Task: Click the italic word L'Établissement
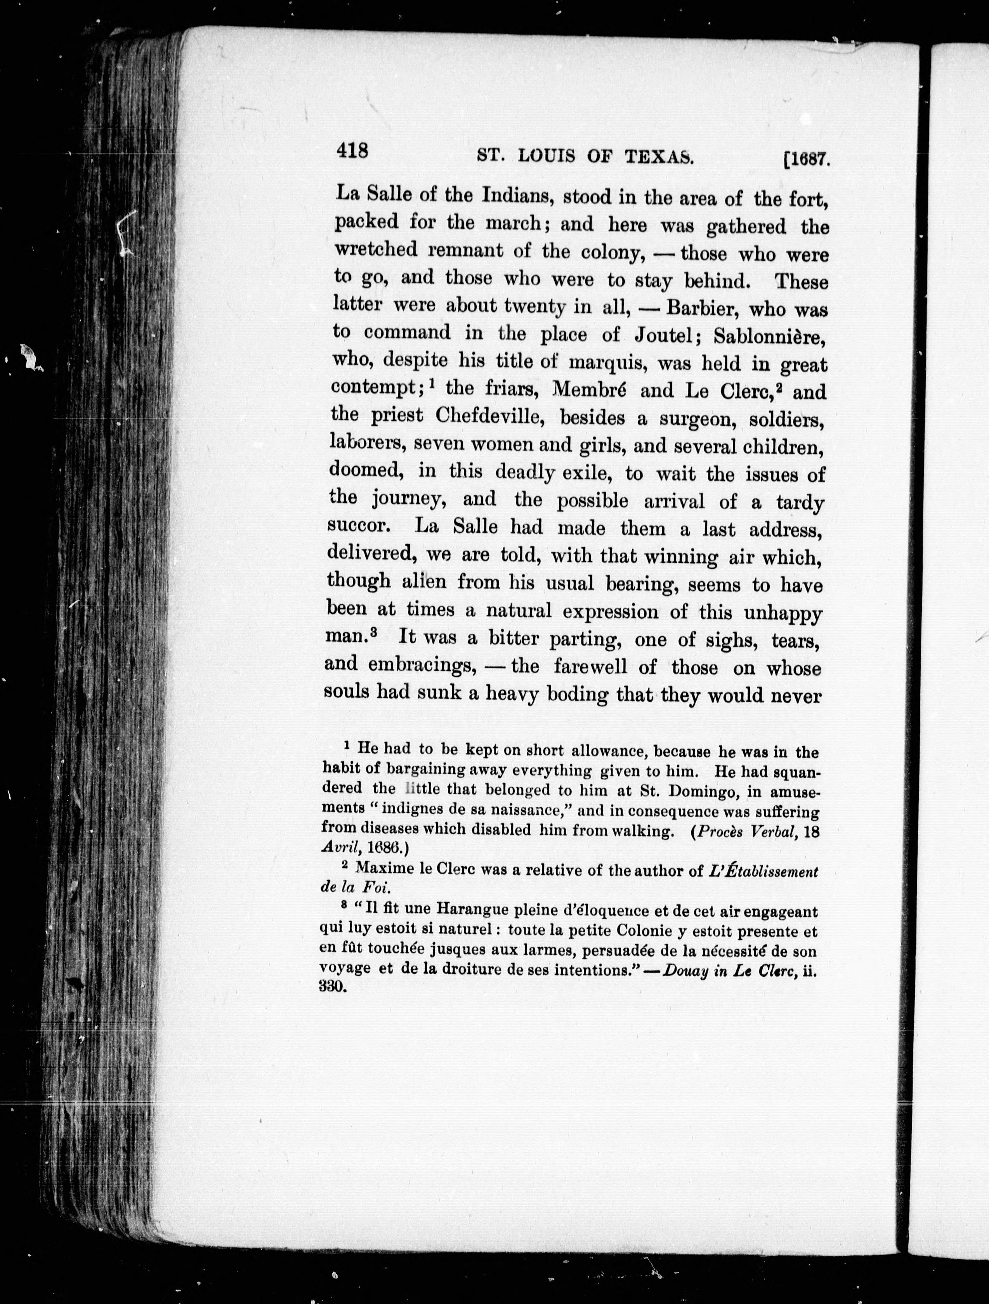point(763,871)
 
